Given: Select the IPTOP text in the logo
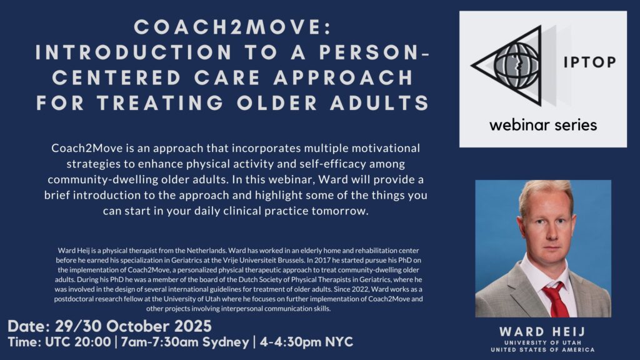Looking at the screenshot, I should click(590, 62).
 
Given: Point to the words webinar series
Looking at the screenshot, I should click(542, 124).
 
